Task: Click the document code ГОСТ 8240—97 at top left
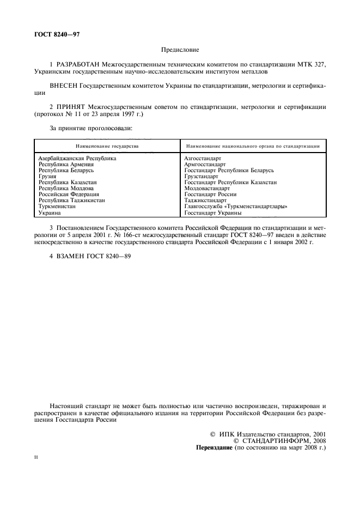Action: click(53, 35)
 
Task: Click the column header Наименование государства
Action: click(107, 146)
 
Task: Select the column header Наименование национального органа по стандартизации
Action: click(253, 146)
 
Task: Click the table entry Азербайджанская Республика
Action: click(77, 158)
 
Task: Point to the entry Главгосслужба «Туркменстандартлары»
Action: click(236, 207)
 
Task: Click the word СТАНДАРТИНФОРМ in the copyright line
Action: click(274, 441)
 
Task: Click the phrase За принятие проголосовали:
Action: click(91, 128)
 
